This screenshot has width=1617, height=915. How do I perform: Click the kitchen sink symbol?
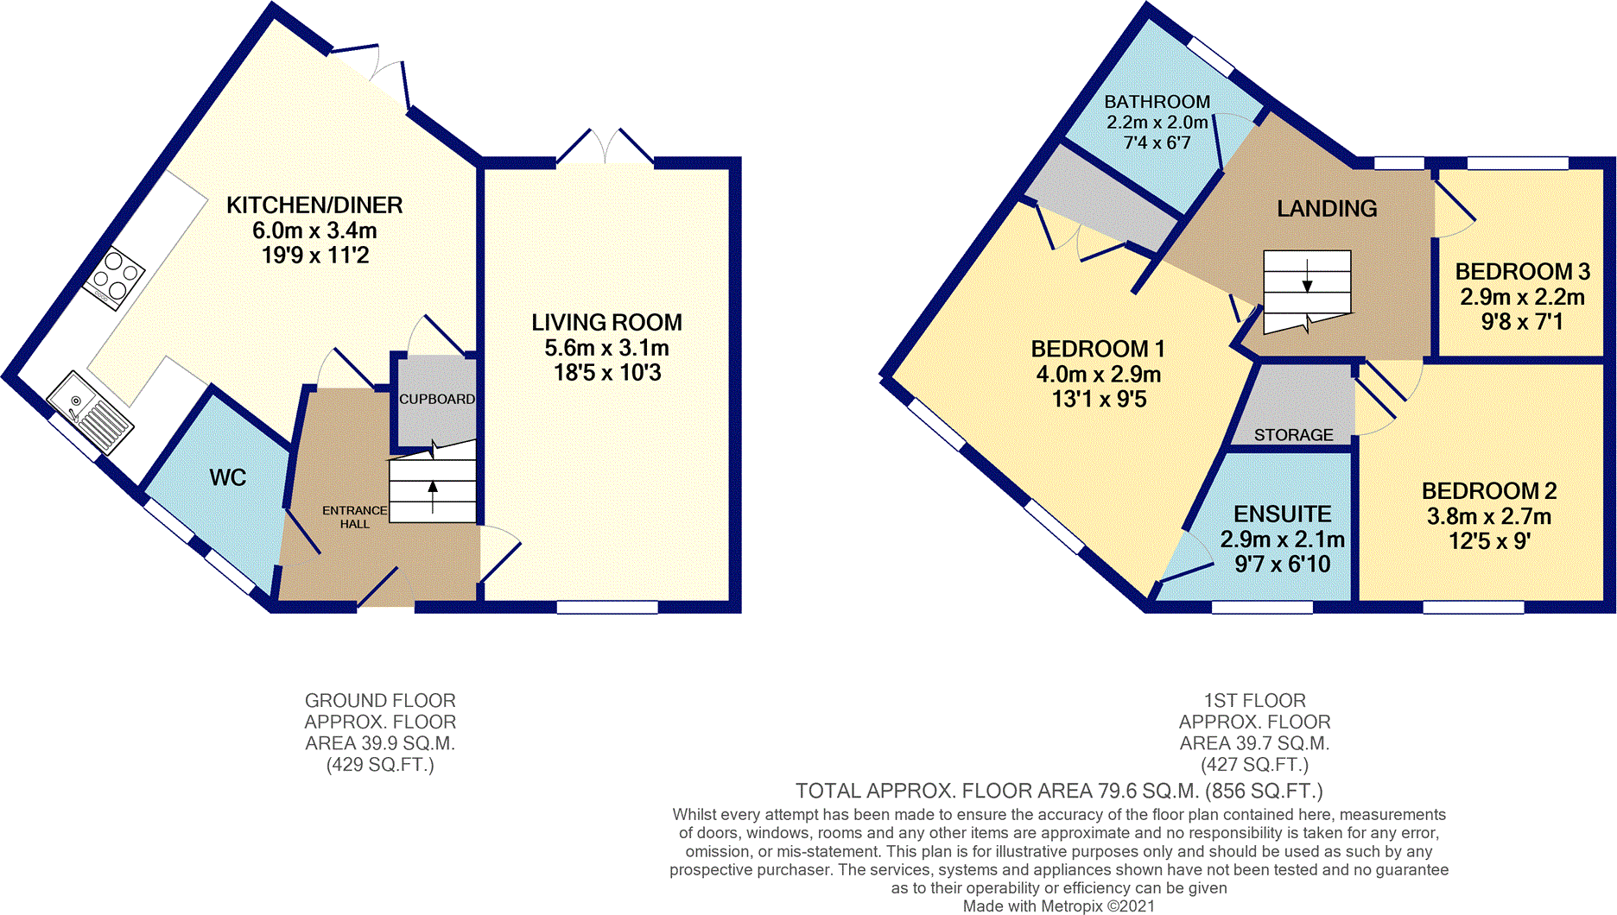90,412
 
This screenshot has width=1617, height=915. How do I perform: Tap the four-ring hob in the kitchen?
114,278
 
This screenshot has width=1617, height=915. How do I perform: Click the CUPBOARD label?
437,399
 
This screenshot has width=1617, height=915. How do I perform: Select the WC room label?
228,477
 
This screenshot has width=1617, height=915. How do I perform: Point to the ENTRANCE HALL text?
354,517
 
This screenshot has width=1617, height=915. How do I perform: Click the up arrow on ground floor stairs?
433,497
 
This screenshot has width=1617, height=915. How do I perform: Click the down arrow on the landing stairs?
1307,275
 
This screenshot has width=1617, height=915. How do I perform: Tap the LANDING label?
1327,209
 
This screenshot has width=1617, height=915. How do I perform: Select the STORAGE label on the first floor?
1293,435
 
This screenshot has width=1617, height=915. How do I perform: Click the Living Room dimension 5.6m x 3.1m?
606,348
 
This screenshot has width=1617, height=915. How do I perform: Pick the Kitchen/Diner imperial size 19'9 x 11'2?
315,256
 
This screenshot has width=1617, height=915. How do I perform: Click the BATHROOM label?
1157,102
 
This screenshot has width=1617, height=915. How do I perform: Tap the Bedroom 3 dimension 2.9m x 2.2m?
1522,298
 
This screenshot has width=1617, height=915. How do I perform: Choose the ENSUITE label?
1282,514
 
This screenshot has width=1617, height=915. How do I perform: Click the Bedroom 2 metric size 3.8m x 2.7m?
1489,517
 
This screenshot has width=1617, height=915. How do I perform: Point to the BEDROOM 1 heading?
1098,349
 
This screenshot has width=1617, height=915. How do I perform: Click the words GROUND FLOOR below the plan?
380,701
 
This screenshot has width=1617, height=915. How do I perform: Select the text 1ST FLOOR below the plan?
1254,701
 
